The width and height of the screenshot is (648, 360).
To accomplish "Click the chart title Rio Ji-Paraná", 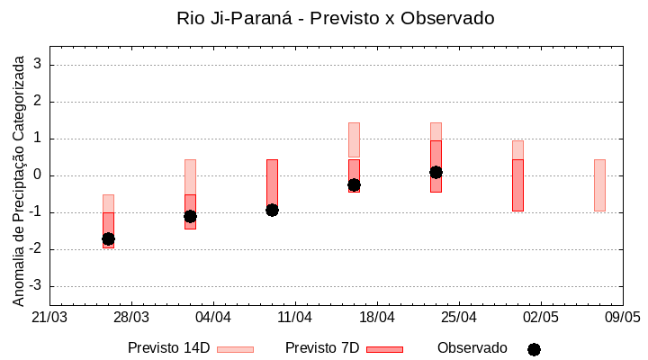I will click(336, 18).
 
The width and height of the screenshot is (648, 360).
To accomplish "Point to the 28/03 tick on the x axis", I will click(131, 317).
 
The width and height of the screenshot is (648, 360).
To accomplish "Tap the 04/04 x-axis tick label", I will click(213, 317).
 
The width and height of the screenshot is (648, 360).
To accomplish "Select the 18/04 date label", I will click(377, 317).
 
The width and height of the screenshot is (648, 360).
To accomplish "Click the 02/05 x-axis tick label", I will click(541, 317).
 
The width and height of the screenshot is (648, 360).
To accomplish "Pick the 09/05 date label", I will click(622, 317).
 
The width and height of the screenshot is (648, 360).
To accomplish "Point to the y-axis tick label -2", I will click(37, 249).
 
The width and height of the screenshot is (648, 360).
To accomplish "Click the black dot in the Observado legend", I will click(534, 349).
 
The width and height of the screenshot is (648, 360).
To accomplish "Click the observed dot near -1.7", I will click(108, 238).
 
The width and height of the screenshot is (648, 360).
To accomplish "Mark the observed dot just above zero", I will click(436, 172).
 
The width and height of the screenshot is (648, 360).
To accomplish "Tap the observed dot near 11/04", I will click(272, 210).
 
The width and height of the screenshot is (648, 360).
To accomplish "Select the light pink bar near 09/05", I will click(599, 184).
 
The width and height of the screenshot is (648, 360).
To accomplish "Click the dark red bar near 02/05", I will click(517, 184).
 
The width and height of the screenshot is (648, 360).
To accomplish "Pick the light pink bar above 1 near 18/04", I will click(354, 139).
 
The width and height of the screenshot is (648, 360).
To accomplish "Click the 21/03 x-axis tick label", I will click(49, 317).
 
